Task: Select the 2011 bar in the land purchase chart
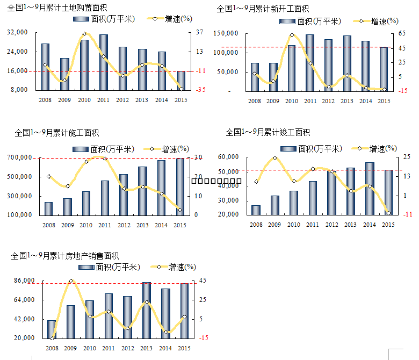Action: pos(104,62)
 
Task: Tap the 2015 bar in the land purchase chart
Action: pos(181,80)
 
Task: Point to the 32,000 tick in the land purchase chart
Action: pos(18,33)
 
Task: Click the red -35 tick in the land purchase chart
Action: pos(200,90)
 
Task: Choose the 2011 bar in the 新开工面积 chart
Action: pos(310,62)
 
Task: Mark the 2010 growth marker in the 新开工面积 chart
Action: pos(292,35)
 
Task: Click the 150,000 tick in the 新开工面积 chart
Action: pos(226,34)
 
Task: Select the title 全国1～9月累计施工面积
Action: pos(57,132)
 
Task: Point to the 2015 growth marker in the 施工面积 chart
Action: pos(180,210)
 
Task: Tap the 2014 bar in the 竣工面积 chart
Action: pos(370,189)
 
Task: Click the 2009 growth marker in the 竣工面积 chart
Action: pos(274,158)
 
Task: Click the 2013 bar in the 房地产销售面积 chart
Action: pos(147,310)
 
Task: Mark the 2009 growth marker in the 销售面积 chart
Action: pos(71,281)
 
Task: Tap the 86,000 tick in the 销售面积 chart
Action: pos(24,281)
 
